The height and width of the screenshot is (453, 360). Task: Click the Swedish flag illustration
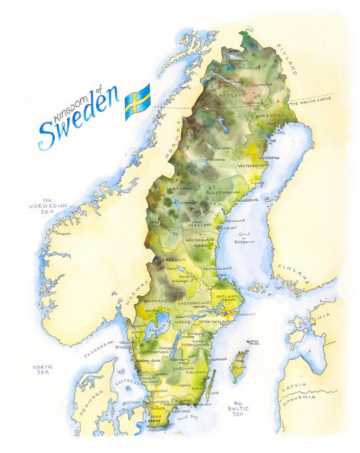coord(137,101)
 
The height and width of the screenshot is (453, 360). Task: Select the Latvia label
coord(293,386)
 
